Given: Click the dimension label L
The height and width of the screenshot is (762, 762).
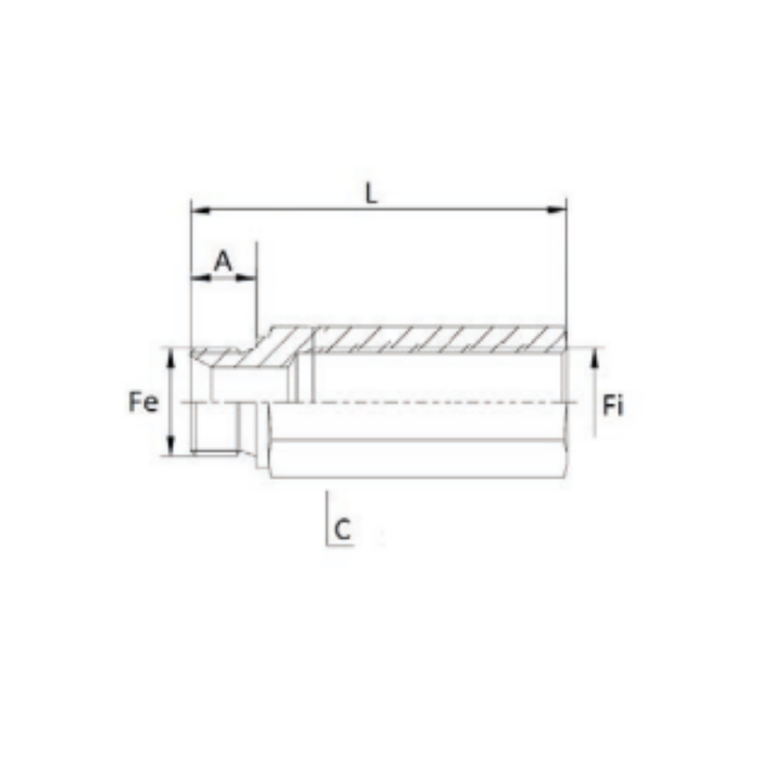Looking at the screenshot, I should click(x=370, y=194).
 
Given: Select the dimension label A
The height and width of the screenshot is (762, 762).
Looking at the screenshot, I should click(x=223, y=261).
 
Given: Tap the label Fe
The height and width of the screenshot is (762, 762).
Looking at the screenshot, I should click(x=143, y=402).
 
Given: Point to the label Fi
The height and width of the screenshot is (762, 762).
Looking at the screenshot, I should click(x=613, y=406).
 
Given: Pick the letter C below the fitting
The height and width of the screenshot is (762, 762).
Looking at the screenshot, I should click(x=344, y=529).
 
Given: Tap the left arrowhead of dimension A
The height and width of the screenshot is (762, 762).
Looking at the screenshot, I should click(x=197, y=278).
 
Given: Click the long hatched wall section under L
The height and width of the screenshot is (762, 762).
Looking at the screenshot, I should click(x=438, y=339).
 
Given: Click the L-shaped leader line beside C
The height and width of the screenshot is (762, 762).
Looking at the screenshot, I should click(x=327, y=518).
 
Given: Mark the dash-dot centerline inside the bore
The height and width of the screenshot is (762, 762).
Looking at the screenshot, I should click(x=427, y=402).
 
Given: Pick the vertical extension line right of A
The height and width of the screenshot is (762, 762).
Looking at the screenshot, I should click(x=257, y=290).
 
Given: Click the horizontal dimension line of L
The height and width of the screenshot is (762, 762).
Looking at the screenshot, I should click(x=457, y=208).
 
